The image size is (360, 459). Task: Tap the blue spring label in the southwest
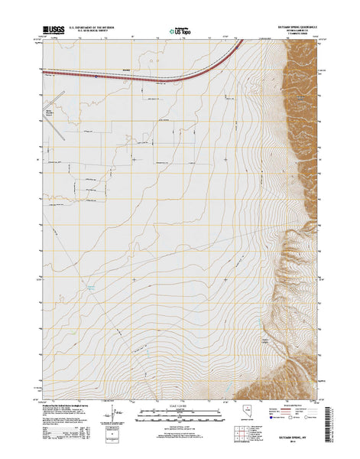pyautogui.click(x=91, y=286)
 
